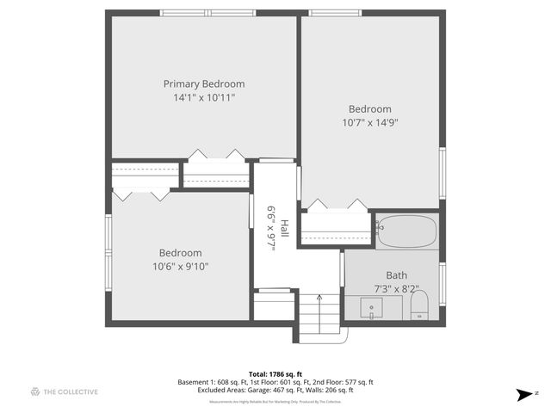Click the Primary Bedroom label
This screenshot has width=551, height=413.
pyautogui.click(x=204, y=84)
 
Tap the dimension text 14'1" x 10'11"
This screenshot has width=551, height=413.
pyautogui.click(x=204, y=98)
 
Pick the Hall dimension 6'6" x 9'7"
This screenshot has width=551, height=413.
pyautogui.click(x=270, y=228)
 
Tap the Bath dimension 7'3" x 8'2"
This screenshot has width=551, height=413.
pyautogui.click(x=397, y=289)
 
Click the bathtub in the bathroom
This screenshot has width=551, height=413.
pyautogui.click(x=407, y=232)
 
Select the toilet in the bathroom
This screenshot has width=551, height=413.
pyautogui.click(x=419, y=305)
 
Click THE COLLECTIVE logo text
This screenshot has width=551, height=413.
pyautogui.click(x=71, y=392)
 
